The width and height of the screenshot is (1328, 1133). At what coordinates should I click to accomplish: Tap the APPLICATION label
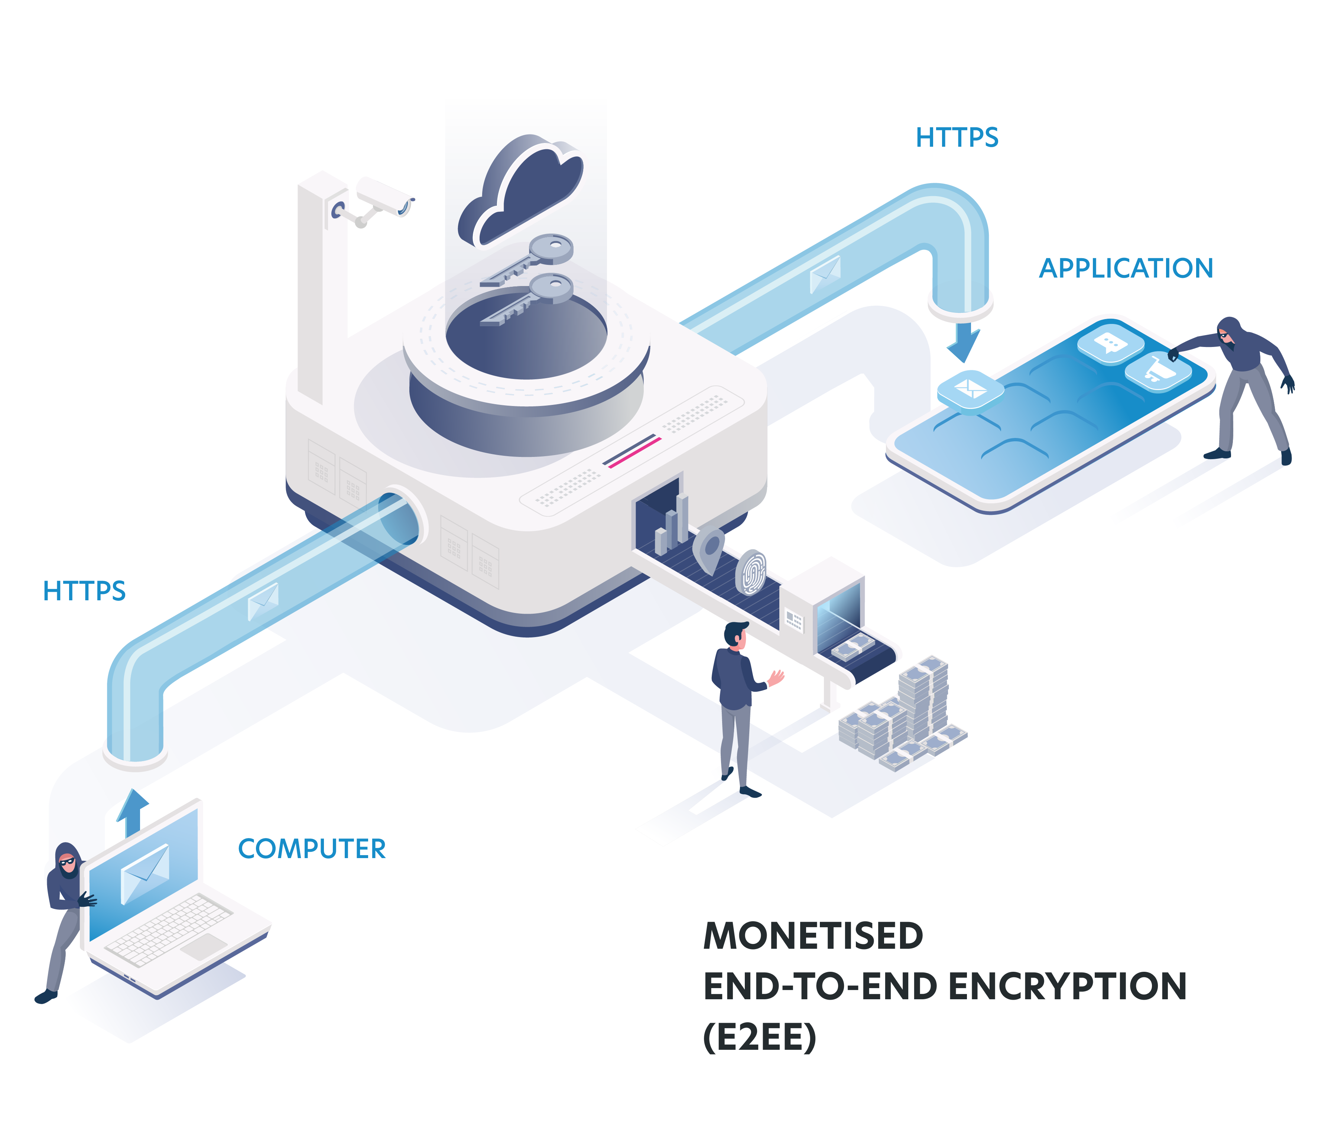1126,268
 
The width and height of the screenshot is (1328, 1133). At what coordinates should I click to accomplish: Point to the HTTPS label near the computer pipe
84,591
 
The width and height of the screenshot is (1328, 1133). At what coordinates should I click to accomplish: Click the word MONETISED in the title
813,936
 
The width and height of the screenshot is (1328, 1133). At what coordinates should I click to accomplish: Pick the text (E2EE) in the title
760,1038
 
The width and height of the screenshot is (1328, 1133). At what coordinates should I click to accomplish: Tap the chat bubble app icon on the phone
1110,344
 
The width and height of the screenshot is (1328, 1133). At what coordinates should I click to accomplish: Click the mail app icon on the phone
970,388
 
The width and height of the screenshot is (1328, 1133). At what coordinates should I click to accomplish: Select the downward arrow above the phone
963,341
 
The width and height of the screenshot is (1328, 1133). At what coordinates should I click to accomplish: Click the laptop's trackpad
204,946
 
